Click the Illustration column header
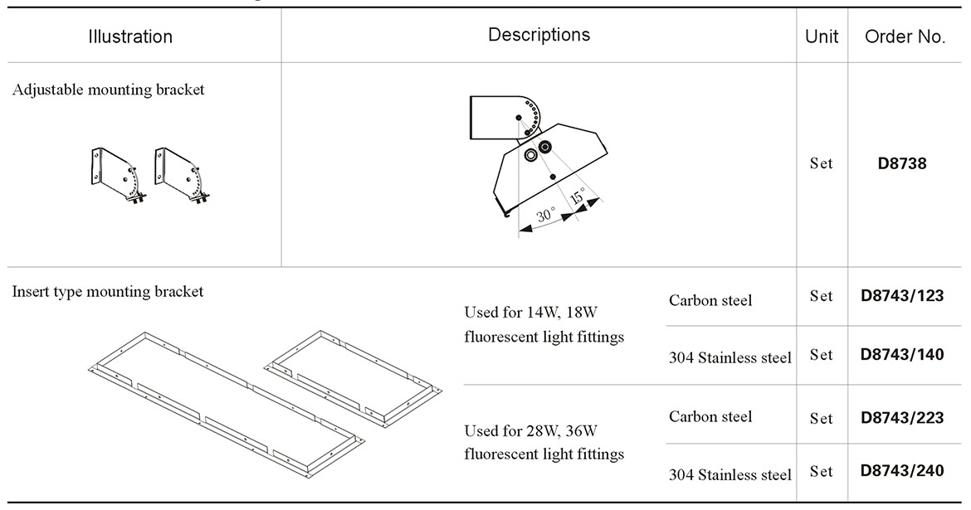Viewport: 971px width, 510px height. (130, 36)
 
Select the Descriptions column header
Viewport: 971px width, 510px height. (539, 35)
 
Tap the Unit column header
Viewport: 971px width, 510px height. (822, 36)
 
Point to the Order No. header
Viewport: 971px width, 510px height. (905, 36)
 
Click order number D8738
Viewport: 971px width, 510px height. (902, 163)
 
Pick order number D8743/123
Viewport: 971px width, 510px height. (902, 295)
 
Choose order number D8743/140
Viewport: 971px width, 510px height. (902, 354)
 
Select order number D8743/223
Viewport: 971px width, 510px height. (902, 418)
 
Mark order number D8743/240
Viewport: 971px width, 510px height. (902, 470)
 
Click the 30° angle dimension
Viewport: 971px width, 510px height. (545, 216)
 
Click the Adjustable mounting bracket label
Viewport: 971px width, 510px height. (108, 90)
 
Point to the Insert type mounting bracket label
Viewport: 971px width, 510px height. (108, 292)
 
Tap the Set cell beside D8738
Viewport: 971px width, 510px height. (821, 163)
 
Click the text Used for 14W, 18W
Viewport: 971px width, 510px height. (531, 313)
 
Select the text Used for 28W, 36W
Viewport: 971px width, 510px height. (531, 430)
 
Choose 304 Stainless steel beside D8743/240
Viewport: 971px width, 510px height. (729, 475)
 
